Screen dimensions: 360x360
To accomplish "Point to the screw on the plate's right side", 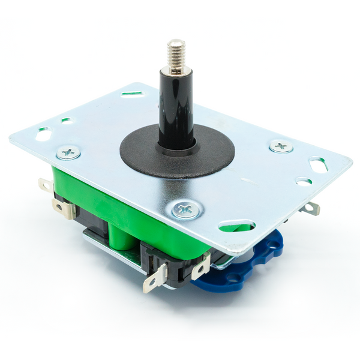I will (x=281, y=146).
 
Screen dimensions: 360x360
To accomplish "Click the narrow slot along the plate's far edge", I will (x=131, y=94).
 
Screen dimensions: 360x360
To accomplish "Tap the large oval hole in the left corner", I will (x=43, y=134).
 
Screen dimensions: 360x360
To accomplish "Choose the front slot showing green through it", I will (x=236, y=226).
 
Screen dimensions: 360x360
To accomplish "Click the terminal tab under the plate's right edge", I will (x=311, y=208).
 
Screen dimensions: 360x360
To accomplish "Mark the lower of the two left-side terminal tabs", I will (x=63, y=208).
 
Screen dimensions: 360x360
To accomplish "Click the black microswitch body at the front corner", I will (x=174, y=264).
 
